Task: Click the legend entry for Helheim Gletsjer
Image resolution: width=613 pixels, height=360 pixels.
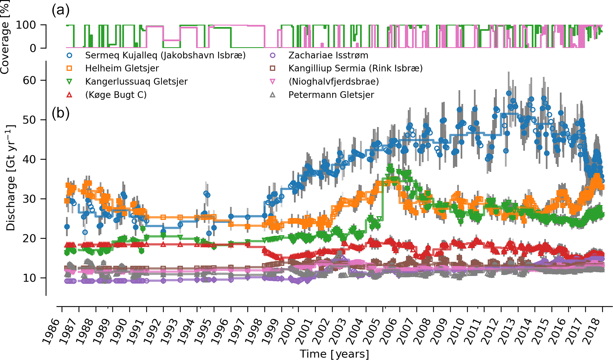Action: pos(122,69)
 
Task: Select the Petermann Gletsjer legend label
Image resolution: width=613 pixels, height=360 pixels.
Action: pos(331,95)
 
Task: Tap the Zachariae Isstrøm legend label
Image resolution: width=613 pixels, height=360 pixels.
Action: pos(328,55)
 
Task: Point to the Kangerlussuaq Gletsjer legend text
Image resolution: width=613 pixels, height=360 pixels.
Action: pos(136,82)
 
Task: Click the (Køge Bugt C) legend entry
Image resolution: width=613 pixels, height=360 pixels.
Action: pos(116,95)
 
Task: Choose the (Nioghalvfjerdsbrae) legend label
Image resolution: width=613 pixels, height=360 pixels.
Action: pos(334,82)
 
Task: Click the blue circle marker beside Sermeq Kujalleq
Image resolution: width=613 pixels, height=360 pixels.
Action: pos(69,55)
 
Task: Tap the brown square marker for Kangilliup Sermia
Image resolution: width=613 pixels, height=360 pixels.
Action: pos(272,69)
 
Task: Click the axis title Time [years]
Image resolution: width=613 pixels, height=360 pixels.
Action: pos(334,354)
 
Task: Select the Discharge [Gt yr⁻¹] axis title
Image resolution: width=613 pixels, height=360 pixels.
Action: pos(11,178)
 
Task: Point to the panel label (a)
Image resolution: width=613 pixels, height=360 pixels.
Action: pos(60,10)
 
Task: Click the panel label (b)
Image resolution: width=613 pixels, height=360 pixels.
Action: pos(60,113)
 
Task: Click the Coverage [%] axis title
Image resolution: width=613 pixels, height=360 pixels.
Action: pos(5,37)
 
